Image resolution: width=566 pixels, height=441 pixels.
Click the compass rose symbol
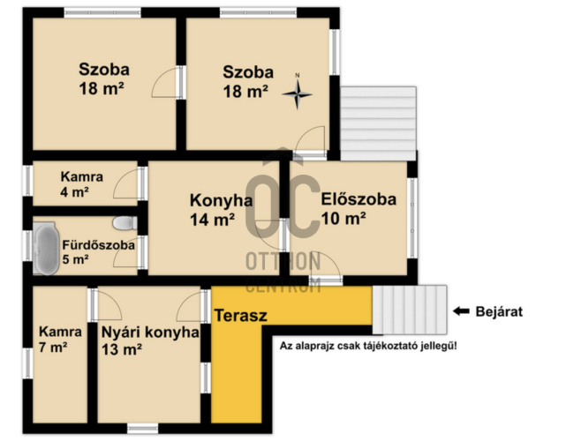(x=298, y=91)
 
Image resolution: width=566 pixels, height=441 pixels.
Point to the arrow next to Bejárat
(x=463, y=311)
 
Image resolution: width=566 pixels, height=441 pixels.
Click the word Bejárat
(x=501, y=311)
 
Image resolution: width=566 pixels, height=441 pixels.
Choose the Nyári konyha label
(x=149, y=333)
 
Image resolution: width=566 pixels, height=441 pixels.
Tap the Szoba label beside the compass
(x=247, y=81)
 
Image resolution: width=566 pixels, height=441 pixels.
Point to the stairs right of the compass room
(x=377, y=120)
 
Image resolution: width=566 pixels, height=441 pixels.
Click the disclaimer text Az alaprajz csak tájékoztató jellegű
(x=368, y=346)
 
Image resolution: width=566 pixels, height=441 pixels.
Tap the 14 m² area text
(x=212, y=220)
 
